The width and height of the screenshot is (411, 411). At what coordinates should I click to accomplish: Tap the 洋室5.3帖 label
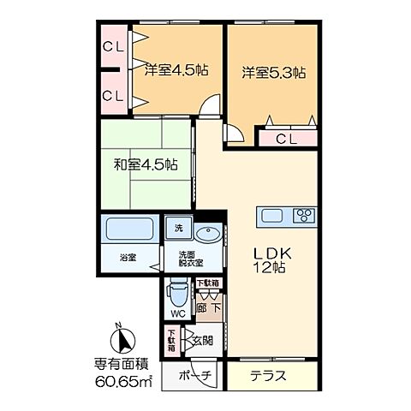[271, 73]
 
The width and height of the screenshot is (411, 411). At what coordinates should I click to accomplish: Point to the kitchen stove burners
[303, 214]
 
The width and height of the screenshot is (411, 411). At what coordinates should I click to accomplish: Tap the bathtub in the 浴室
[128, 230]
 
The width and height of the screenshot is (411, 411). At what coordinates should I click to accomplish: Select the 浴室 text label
[128, 258]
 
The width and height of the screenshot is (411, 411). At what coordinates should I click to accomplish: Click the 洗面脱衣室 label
[189, 259]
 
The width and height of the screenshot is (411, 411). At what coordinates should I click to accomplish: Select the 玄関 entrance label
[202, 340]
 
